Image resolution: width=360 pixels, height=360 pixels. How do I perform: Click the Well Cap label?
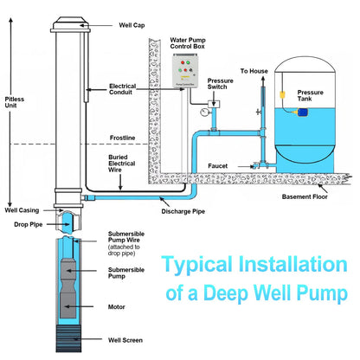(132, 25)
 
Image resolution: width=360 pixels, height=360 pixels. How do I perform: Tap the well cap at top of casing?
(70, 24)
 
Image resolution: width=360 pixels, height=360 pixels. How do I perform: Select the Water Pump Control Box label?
(188, 43)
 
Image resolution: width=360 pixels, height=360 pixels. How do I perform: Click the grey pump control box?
(185, 71)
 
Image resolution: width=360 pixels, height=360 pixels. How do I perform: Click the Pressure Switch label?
(220, 84)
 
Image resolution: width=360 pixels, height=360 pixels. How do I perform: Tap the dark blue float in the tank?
(303, 112)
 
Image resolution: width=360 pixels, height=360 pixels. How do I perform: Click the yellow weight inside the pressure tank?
(282, 94)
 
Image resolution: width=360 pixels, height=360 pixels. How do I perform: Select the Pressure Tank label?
(310, 95)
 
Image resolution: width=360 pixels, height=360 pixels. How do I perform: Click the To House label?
(254, 71)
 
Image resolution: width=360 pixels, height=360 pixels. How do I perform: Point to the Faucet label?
(218, 166)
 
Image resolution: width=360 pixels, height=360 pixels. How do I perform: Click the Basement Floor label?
(305, 196)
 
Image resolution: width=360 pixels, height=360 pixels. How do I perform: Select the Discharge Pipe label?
(183, 211)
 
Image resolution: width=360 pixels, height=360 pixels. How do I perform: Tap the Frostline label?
(122, 138)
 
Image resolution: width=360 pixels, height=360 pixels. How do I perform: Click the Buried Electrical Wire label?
(121, 164)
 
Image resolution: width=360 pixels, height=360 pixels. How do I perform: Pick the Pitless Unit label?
(15, 102)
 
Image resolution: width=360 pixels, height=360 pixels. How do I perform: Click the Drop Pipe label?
(29, 224)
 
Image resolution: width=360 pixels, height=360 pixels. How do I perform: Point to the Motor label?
(117, 307)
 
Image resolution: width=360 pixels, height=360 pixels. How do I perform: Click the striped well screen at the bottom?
(68, 338)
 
